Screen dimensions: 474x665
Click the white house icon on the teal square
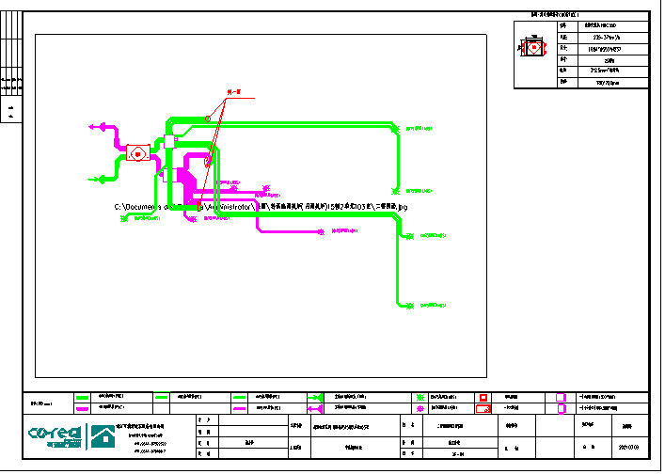[103, 436]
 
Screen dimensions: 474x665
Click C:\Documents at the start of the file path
[139, 207]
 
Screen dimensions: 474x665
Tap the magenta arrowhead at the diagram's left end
[92, 124]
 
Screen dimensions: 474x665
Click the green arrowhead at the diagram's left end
[93, 179]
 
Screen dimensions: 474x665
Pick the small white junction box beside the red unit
[169, 142]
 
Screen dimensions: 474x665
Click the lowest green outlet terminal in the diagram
[411, 306]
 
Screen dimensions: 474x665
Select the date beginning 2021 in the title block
[627, 446]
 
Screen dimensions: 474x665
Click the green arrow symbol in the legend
[315, 398]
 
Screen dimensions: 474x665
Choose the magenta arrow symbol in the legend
[315, 409]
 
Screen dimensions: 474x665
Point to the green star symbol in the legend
[421, 398]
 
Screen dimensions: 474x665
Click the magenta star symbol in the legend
[421, 409]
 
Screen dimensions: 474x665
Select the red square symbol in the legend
[483, 398]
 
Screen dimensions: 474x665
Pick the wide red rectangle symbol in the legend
[483, 409]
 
